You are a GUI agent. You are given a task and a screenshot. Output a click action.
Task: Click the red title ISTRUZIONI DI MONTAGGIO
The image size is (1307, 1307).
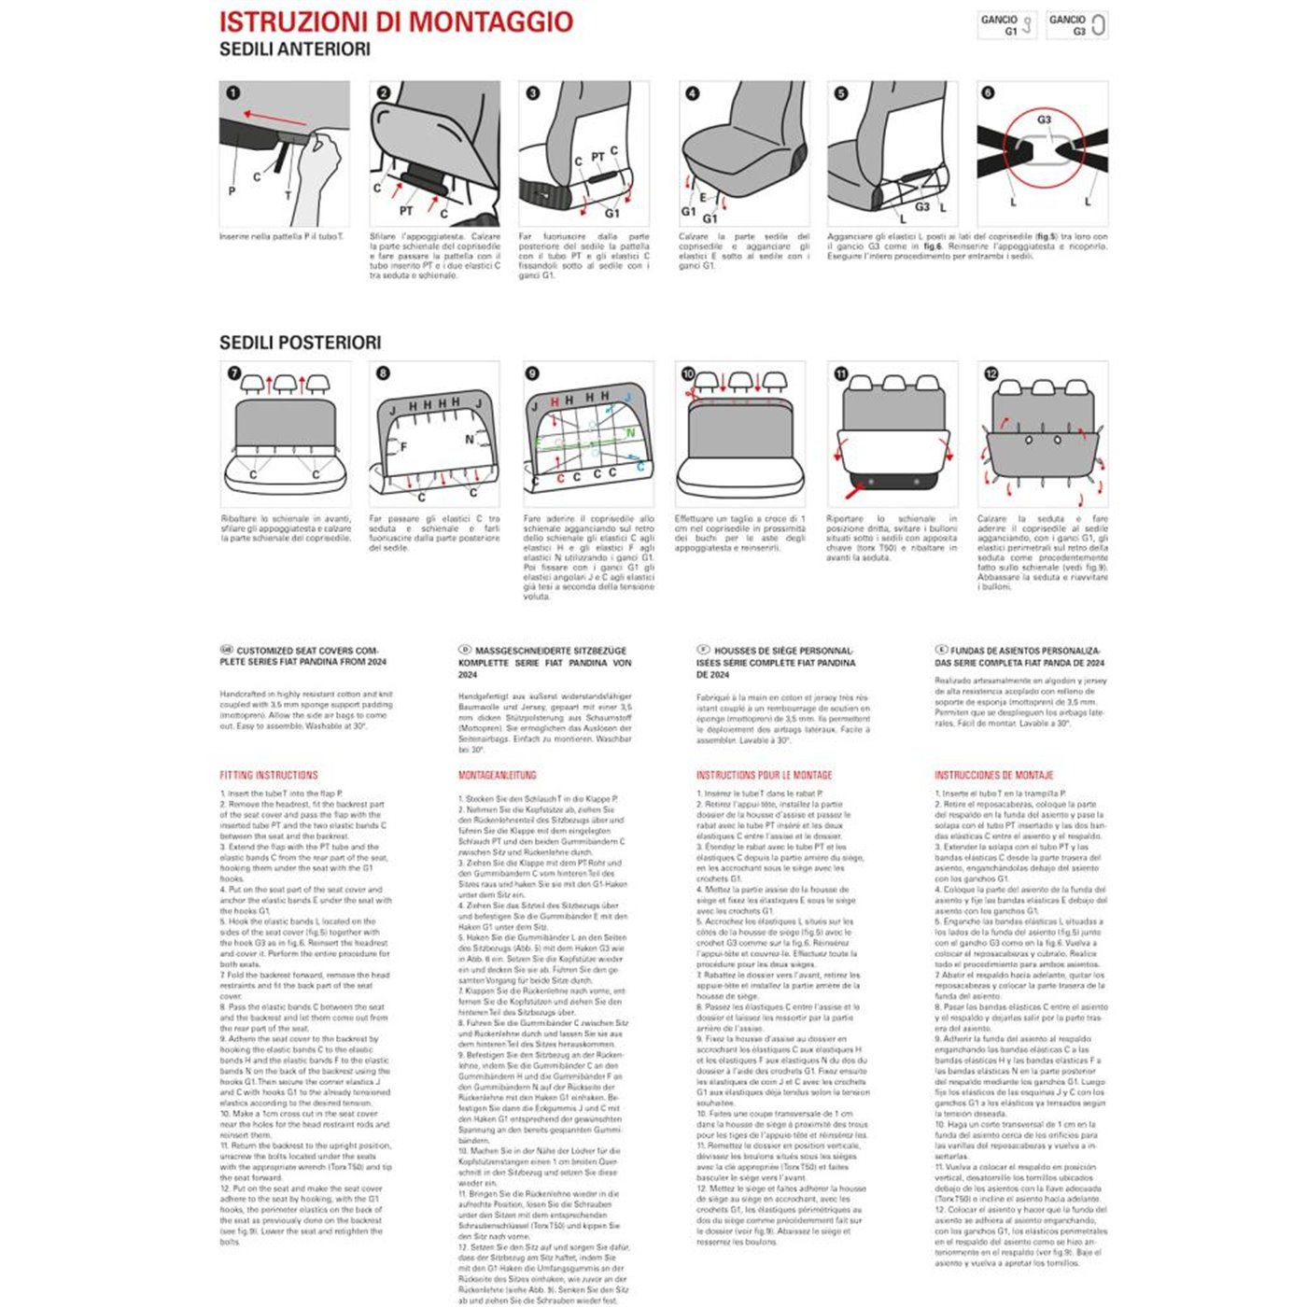[396, 22]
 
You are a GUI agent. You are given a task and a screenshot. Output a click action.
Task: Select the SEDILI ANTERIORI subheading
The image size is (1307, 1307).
[294, 49]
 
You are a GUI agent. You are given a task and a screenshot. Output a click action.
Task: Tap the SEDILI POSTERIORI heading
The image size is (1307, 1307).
[300, 343]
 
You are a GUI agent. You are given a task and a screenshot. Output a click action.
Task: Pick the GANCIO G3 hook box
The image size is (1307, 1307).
[1076, 25]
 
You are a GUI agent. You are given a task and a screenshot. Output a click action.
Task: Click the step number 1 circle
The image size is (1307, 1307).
[233, 93]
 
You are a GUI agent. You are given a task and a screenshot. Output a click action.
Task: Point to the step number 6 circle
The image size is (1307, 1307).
[989, 93]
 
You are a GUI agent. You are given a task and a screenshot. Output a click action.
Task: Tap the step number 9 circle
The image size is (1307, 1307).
[532, 373]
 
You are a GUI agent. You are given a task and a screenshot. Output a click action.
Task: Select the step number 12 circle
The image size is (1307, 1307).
[991, 373]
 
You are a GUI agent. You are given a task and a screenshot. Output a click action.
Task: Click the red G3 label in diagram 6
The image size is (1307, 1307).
[1044, 119]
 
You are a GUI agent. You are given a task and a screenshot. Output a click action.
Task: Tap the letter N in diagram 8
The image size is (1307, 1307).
[470, 439]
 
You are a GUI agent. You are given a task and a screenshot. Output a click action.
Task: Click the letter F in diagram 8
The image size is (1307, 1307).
[403, 447]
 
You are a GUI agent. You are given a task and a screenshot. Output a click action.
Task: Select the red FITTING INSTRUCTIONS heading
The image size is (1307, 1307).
[269, 775]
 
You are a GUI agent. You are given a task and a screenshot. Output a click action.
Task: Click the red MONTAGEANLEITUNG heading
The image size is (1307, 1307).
[497, 775]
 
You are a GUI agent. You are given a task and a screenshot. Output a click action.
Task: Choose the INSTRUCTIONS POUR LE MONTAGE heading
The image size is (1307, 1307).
[764, 775]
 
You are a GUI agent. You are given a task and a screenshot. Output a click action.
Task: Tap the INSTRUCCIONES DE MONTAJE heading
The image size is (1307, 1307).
[993, 775]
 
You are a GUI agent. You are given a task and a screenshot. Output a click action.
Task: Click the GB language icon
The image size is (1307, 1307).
[226, 650]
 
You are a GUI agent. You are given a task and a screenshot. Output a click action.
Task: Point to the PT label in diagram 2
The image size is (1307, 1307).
[406, 211]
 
